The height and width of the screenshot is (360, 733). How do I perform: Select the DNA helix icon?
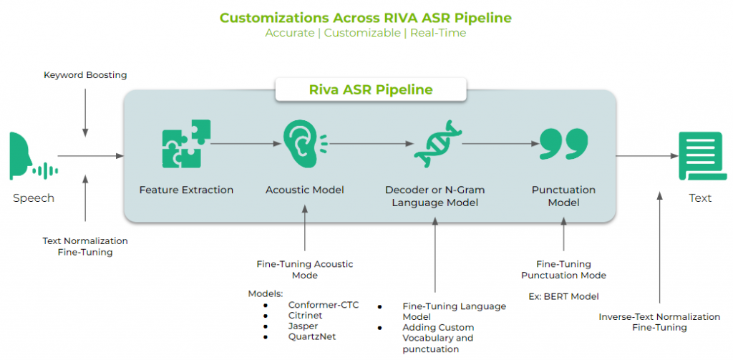437,144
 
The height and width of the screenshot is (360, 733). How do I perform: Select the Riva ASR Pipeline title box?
371,89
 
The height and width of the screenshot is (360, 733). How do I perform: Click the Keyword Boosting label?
85,75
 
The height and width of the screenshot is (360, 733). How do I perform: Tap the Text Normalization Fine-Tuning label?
85,246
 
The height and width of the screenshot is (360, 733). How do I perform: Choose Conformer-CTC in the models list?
324,305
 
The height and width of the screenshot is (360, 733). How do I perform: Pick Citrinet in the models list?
305,316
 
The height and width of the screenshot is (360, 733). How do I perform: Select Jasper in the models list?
303,326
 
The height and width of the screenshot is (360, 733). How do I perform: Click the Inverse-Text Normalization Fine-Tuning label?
659,322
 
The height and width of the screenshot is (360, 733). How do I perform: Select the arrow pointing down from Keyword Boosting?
85,112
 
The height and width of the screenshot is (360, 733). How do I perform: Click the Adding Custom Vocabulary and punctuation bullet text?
438,338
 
